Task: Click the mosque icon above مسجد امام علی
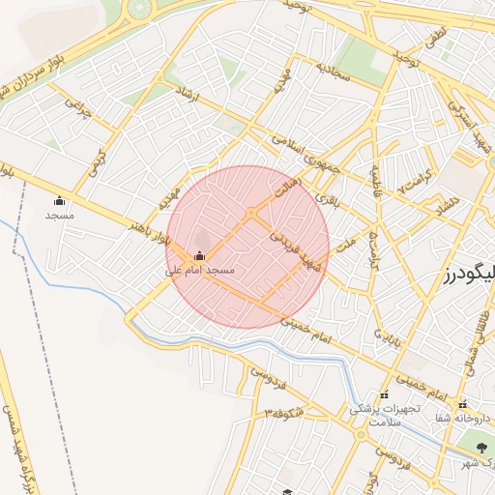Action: pyautogui.click(x=199, y=256)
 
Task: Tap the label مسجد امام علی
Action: pyautogui.click(x=199, y=272)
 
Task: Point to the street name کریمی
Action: pyautogui.click(x=97, y=163)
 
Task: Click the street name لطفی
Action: pyautogui.click(x=434, y=40)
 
